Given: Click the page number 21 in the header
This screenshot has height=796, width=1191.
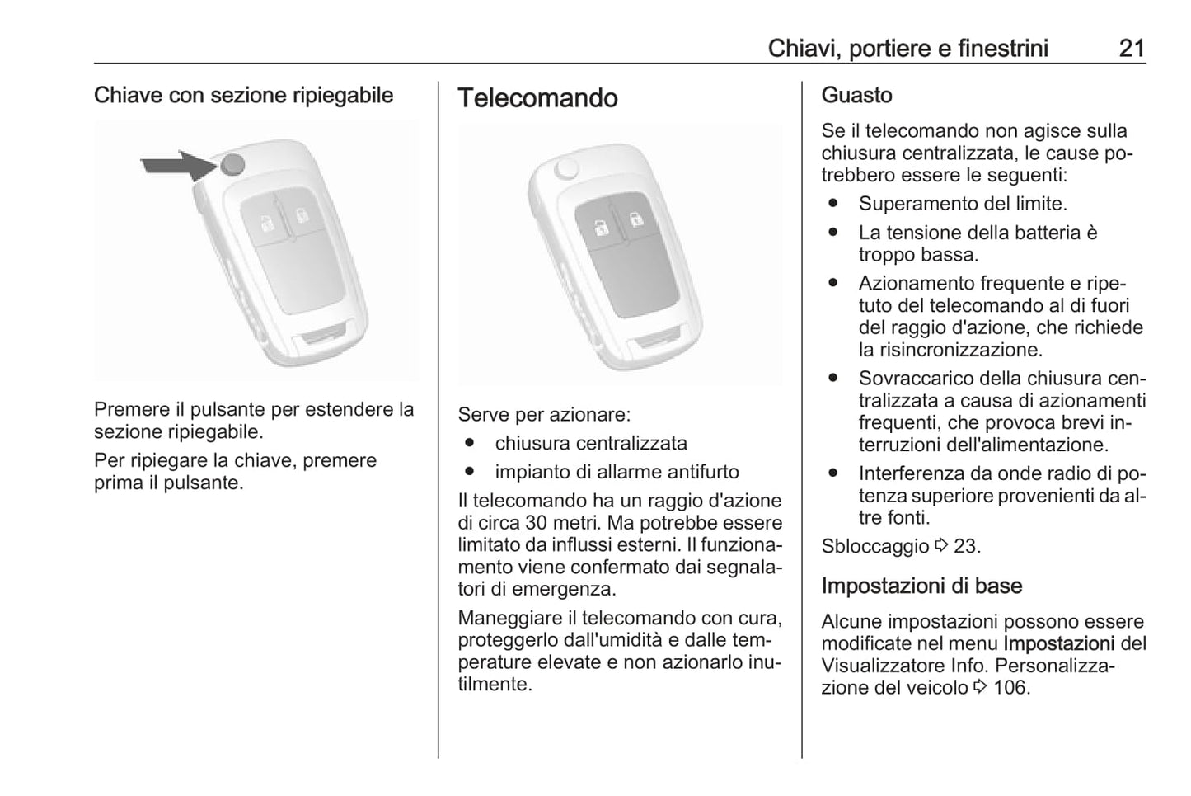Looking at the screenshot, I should [1132, 48].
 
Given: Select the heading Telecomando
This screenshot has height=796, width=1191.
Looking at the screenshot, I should [537, 98].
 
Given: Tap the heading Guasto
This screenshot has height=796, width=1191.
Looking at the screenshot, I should [856, 96].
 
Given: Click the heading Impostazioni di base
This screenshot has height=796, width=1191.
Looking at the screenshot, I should [921, 586].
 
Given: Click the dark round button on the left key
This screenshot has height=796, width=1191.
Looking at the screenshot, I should [233, 165].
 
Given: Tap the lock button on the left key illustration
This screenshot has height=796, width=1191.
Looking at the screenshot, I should [265, 223].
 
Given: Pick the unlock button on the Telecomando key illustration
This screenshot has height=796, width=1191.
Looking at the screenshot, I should [636, 219].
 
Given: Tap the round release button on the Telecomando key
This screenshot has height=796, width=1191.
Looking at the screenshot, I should [566, 168].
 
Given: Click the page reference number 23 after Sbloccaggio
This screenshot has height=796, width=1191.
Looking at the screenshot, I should [965, 546].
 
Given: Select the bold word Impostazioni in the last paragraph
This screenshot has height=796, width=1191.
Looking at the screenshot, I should [1058, 643].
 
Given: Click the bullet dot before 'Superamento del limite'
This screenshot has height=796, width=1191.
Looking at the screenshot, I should [833, 203].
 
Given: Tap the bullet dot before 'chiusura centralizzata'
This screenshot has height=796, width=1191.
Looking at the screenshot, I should [470, 443].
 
